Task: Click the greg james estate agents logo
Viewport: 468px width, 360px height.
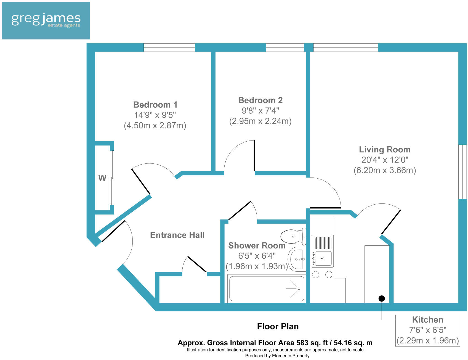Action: point(46,21)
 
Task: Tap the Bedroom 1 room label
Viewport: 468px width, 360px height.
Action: point(155,105)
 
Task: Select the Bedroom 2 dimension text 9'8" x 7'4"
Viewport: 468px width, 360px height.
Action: point(260,111)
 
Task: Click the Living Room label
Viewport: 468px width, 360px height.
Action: point(385,150)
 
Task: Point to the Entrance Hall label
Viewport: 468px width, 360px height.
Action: point(177,235)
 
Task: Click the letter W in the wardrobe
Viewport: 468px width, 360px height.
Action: point(102,178)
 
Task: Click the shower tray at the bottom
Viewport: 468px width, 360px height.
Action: point(267,289)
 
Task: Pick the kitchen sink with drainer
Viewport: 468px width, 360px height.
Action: point(322,251)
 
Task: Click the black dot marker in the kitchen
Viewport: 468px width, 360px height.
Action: point(382,298)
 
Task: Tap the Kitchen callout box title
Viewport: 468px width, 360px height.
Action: point(427,320)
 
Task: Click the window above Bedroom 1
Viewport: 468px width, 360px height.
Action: point(169,47)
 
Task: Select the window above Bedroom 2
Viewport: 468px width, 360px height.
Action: point(285,47)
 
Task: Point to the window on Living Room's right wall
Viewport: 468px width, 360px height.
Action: point(462,171)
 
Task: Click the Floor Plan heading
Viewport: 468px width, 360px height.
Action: point(278,326)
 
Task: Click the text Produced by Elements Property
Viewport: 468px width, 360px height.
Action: point(277,356)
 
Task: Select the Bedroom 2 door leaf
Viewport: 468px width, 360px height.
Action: point(254,156)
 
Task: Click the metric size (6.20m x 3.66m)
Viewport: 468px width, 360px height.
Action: point(385,170)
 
